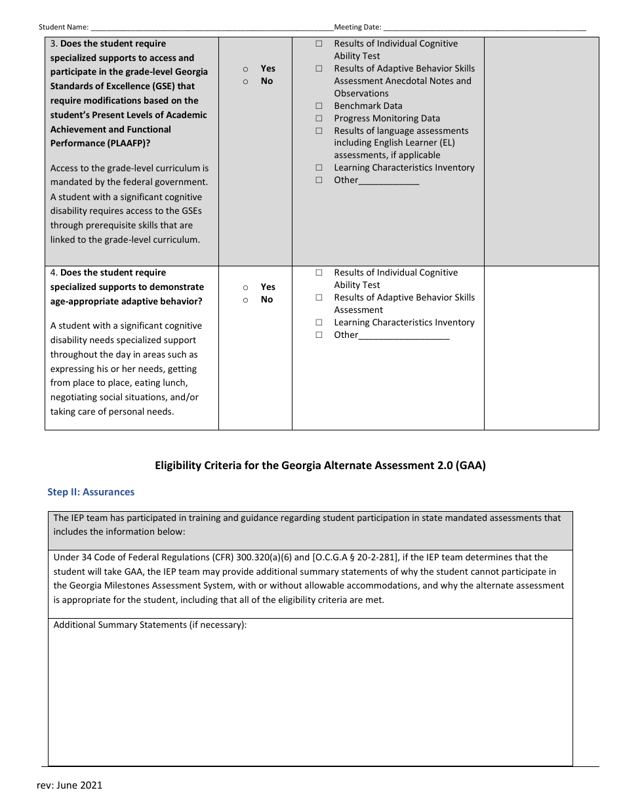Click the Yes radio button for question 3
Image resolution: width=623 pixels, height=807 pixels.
point(245,69)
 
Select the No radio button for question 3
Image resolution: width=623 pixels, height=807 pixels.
point(245,81)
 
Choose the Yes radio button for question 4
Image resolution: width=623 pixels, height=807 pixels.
point(245,287)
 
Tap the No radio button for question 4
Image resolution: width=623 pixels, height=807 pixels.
point(245,300)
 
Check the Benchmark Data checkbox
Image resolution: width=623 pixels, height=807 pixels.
point(319,106)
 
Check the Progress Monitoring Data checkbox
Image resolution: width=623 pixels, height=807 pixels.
point(319,118)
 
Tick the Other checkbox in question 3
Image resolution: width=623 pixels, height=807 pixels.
point(319,180)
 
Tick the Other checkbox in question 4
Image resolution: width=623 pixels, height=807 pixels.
point(319,335)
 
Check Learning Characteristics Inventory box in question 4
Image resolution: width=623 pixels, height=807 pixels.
point(319,322)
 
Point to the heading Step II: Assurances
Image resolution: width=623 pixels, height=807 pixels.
point(90,492)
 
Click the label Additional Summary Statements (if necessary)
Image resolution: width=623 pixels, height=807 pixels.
point(150,625)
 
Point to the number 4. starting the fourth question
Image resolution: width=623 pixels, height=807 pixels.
point(54,272)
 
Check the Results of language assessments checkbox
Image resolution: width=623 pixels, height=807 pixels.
point(319,131)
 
